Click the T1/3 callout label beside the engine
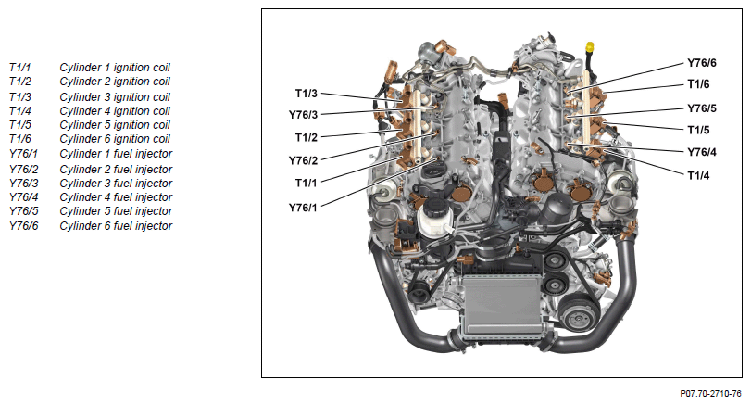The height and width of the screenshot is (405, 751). pyautogui.click(x=307, y=94)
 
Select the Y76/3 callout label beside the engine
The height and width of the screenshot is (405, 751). pyautogui.click(x=303, y=115)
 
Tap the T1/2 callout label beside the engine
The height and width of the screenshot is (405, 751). pyautogui.click(x=307, y=137)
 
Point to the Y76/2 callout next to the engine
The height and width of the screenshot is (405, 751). pyautogui.click(x=303, y=160)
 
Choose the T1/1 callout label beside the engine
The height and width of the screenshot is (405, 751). pyautogui.click(x=307, y=184)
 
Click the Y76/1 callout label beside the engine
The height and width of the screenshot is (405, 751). pyautogui.click(x=303, y=208)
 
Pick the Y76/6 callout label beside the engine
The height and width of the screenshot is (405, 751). pyautogui.click(x=702, y=63)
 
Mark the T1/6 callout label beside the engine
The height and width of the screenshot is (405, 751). pyautogui.click(x=698, y=84)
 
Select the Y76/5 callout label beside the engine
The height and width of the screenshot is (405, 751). pyautogui.click(x=702, y=108)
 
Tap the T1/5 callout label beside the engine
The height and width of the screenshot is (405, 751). pyautogui.click(x=698, y=131)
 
